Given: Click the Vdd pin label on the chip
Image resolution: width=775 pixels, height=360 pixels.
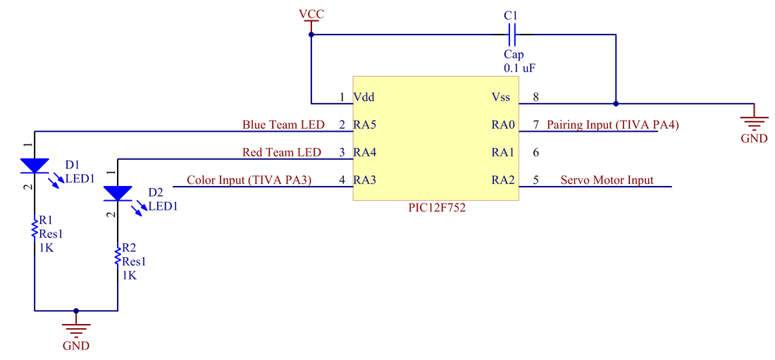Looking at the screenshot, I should (364, 97).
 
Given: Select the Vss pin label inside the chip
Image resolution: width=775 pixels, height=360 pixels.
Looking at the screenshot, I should (501, 97).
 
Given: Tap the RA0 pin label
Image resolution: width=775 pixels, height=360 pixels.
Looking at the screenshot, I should (503, 125).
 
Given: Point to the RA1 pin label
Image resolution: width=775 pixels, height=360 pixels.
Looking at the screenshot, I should (503, 152).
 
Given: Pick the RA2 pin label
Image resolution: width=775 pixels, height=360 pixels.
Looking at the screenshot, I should (503, 180).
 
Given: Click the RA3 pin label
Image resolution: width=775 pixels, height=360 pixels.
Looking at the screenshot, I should (365, 180).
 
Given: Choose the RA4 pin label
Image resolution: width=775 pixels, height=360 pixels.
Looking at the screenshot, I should (365, 152).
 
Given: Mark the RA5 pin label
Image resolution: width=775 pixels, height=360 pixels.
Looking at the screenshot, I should (365, 125).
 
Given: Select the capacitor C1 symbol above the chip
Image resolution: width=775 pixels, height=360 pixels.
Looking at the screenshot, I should (512, 34).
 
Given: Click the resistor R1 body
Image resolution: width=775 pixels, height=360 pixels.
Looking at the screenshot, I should (33, 230).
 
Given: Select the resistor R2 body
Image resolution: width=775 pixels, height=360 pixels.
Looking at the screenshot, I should (117, 256).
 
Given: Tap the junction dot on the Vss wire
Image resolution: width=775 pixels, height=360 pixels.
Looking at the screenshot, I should (615, 104).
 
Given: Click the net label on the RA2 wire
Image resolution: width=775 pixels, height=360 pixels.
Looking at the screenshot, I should (607, 180).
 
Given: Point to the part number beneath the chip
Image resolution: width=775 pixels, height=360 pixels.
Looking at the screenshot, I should (437, 209).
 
